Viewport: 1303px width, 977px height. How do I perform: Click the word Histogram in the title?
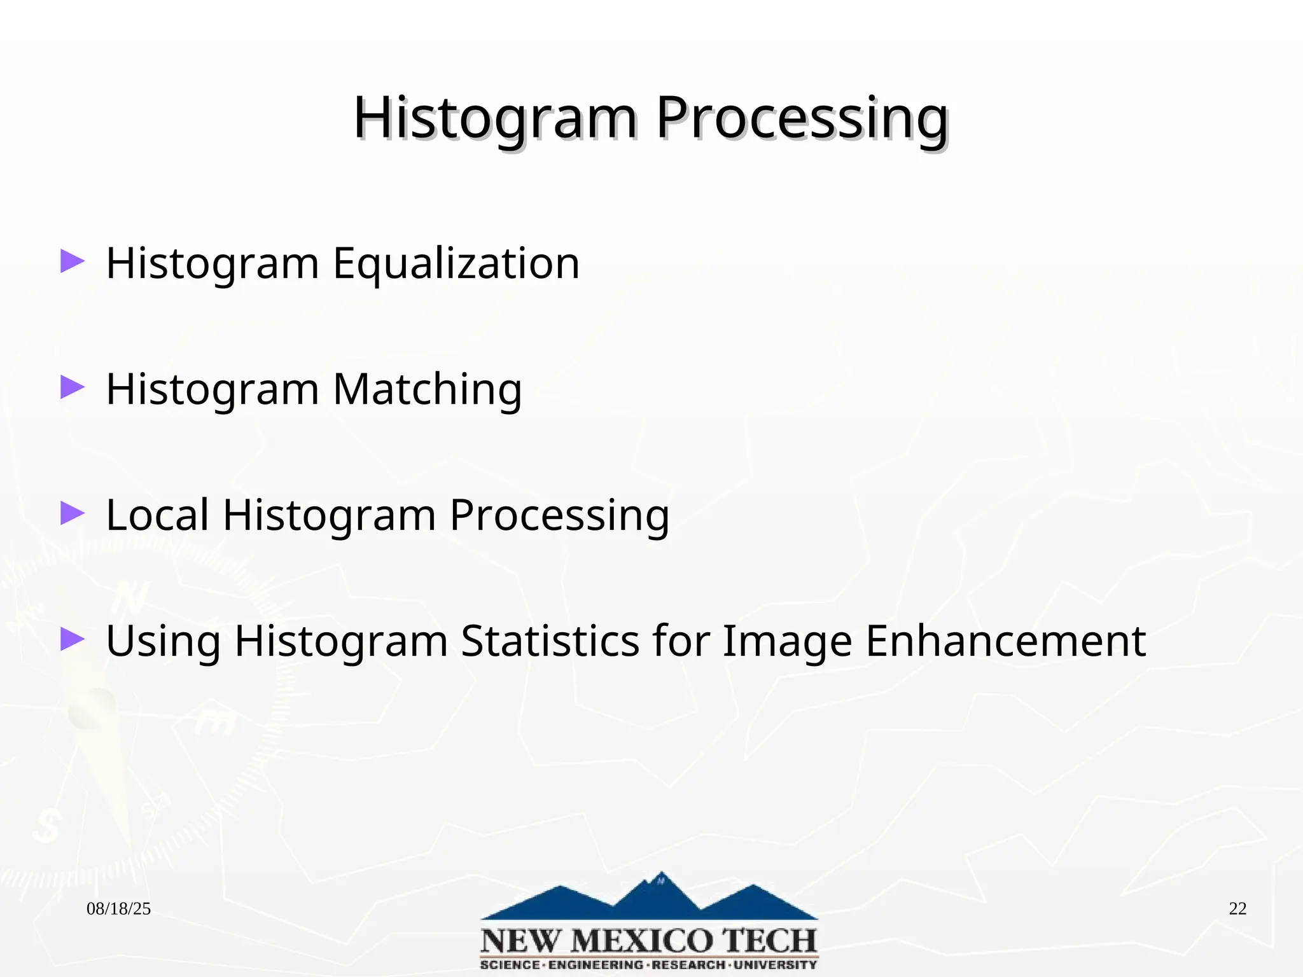pos(495,119)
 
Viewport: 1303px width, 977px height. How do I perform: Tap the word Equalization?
pos(456,263)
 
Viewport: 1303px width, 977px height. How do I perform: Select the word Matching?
pos(427,389)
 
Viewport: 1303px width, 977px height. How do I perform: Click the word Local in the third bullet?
pos(157,515)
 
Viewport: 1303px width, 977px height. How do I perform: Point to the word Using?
pos(163,641)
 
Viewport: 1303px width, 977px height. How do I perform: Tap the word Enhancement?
pos(1005,641)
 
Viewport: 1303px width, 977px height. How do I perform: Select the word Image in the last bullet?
pos(787,641)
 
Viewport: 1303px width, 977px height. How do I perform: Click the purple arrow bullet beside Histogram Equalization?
pos(72,261)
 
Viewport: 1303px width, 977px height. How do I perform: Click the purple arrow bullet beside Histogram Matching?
pos(72,387)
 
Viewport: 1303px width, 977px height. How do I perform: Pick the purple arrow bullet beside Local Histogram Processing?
pos(72,513)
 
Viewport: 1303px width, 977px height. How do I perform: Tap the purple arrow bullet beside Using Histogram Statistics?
pos(72,639)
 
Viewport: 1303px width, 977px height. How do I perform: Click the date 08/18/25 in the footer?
pos(118,909)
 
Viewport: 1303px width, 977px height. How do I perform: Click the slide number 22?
pos(1237,909)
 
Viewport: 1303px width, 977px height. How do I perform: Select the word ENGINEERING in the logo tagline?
pos(596,965)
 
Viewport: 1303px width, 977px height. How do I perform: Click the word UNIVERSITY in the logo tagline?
pos(775,965)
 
